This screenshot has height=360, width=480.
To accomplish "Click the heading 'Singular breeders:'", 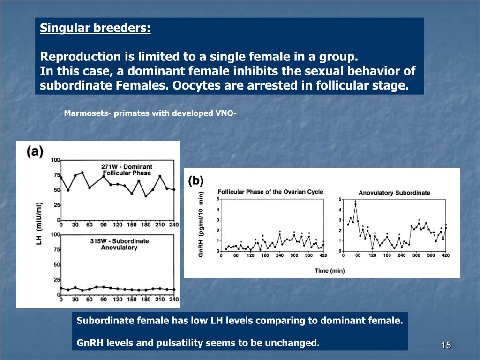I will (x=95, y=29).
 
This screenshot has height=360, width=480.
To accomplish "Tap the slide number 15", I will (x=445, y=345).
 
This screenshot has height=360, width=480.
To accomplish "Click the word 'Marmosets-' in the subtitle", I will (x=87, y=113).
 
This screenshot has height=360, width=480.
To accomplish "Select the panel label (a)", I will (x=35, y=151).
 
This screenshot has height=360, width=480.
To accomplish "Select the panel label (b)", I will (x=196, y=180).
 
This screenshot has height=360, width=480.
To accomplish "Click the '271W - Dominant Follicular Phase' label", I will (x=127, y=170).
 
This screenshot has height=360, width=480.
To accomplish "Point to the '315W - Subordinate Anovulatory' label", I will (x=119, y=244).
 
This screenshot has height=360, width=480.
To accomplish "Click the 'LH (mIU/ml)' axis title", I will (x=39, y=223).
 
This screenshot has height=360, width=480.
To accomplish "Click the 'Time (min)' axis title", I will (x=330, y=270).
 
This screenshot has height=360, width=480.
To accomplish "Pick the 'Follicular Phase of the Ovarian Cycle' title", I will (x=270, y=192).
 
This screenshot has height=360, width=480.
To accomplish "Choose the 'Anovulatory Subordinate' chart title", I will (x=394, y=193).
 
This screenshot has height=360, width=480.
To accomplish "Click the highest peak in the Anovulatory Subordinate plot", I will (x=356, y=204).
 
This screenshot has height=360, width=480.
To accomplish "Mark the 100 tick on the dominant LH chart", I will (x=55, y=160).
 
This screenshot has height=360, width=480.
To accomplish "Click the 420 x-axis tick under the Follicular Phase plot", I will (x=323, y=255).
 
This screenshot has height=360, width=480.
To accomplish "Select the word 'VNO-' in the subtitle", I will (x=225, y=113).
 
